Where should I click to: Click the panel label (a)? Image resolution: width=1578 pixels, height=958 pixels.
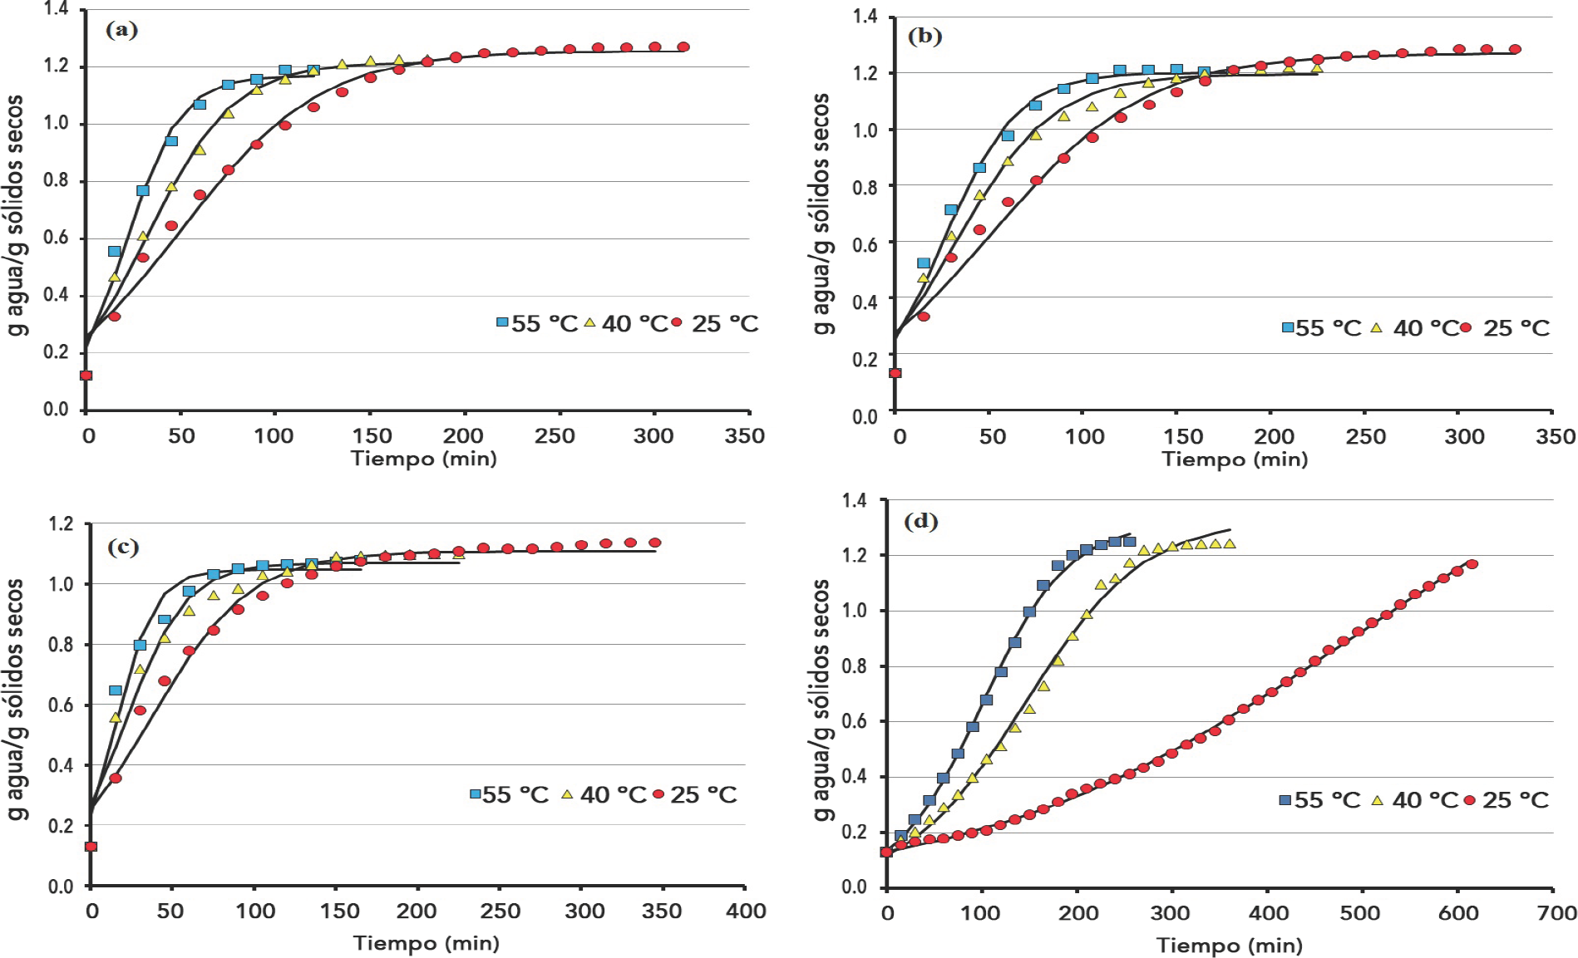coord(121,30)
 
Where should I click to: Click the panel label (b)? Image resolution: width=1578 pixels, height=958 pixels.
coord(925,36)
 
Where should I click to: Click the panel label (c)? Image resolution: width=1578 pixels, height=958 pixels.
coord(123,547)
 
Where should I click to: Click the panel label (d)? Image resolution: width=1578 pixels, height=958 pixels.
coord(920,521)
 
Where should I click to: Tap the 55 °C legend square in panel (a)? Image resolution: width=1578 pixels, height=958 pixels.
coord(502,322)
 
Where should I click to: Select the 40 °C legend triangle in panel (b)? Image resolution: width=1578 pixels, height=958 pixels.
coord(1376,327)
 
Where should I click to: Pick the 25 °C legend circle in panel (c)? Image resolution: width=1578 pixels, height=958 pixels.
coord(658,794)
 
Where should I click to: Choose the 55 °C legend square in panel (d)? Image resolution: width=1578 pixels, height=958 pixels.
coord(1285,799)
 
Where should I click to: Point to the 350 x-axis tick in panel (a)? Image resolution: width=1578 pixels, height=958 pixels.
coord(744,435)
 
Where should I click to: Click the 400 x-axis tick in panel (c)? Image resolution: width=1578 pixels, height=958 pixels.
coord(746,911)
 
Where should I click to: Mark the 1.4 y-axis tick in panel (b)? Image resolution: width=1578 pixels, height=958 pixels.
coord(865,17)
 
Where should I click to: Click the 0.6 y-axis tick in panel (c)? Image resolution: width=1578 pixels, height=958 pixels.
coord(61,705)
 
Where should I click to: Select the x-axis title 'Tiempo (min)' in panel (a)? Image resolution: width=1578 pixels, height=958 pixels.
coord(424,459)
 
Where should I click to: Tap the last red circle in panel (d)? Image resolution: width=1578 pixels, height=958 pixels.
coord(1472,564)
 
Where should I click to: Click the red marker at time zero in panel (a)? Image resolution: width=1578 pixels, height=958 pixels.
coord(86,376)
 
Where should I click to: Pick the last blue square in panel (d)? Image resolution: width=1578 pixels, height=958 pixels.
coord(1130,542)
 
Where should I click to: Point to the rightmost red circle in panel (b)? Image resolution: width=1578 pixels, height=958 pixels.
coord(1515,49)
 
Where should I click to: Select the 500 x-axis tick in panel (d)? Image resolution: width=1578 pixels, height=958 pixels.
coord(1360,913)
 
